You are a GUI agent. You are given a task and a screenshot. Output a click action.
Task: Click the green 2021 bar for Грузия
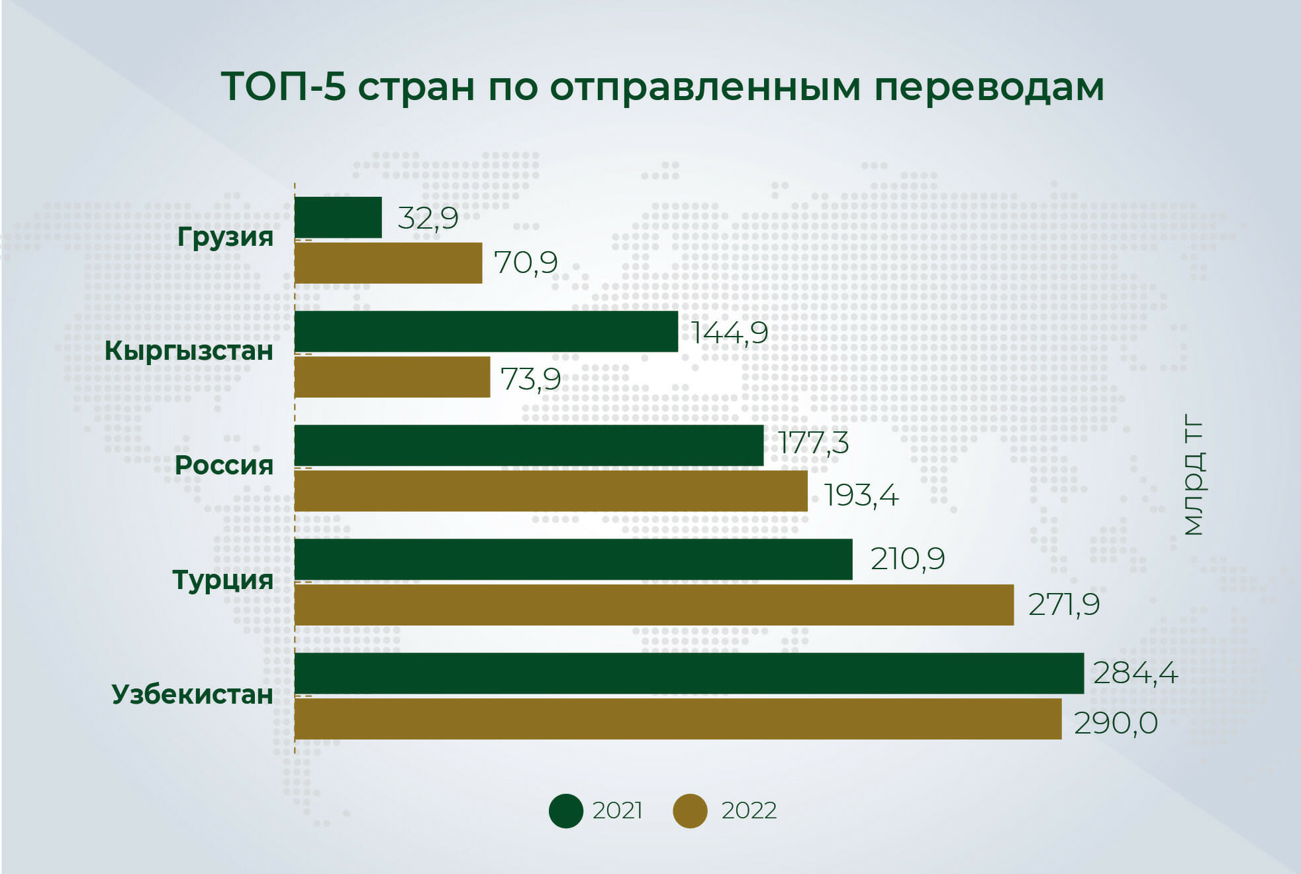338,217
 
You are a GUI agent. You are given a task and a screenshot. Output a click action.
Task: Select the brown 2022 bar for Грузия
388,263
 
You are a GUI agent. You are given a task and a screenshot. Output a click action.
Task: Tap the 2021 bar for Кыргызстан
486,331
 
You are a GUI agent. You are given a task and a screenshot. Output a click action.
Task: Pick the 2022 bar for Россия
551,491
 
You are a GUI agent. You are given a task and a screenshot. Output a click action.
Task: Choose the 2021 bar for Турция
573,559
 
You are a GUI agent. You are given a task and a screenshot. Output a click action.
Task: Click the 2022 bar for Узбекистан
678,719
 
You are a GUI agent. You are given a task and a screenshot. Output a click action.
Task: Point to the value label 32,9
428,218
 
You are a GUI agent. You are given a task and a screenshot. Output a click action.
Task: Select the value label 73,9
530,379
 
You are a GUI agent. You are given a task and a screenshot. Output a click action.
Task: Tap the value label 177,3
814,443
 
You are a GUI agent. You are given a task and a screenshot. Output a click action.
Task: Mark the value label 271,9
1064,604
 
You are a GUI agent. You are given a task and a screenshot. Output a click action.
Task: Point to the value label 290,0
1116,723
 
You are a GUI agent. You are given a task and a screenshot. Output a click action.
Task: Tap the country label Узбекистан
192,694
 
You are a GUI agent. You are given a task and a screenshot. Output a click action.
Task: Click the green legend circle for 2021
566,811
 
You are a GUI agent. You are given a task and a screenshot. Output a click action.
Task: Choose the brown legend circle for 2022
690,811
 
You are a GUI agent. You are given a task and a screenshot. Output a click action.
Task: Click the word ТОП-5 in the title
283,87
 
